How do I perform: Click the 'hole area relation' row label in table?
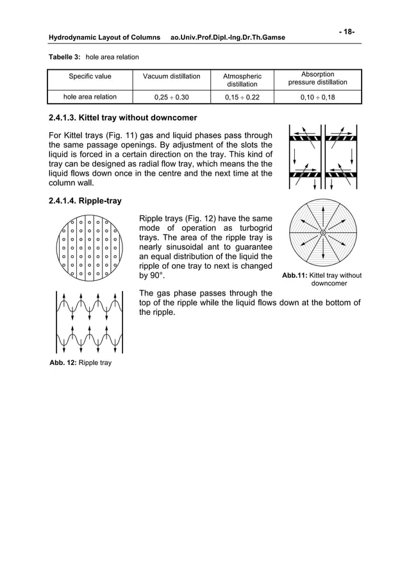[90, 97]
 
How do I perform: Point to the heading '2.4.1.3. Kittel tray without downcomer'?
[123, 118]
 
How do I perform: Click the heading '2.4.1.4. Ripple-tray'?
[85, 201]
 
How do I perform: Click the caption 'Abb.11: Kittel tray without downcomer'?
[322, 279]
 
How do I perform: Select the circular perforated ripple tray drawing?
[89, 249]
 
